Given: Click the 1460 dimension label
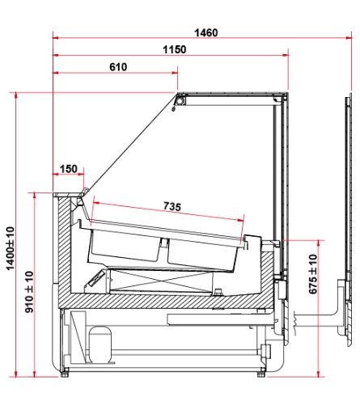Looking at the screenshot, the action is [206, 32].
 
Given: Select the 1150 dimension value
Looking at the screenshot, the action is [175, 49].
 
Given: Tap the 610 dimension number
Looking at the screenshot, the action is [118, 67].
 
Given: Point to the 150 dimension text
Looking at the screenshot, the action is [69, 169].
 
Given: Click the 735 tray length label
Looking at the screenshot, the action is [172, 206].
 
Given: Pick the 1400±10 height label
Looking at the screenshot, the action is [11, 248].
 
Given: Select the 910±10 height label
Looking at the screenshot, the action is [29, 292].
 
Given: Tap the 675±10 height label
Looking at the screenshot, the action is [313, 274].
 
